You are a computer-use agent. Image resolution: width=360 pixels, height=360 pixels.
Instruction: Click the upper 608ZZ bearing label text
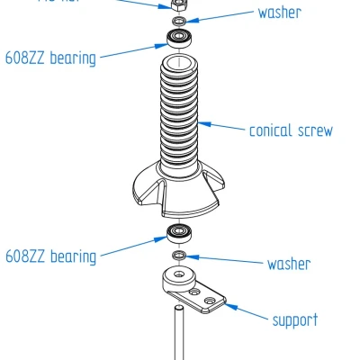[50, 58]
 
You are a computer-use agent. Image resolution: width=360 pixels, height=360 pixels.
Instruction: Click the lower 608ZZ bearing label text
[50, 256]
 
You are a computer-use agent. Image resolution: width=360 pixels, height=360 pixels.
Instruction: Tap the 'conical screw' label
[290, 130]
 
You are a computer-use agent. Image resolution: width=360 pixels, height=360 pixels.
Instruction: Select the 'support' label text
[294, 319]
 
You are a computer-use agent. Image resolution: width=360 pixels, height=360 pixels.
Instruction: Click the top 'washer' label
[279, 13]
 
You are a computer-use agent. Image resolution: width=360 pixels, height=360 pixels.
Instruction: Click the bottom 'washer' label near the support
[288, 264]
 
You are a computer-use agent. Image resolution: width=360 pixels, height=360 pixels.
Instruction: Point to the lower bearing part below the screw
[179, 238]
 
